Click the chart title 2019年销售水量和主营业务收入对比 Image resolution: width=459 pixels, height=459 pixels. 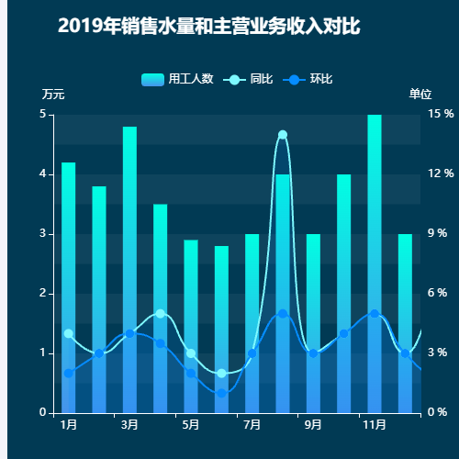click(208, 27)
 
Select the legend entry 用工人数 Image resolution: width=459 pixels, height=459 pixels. click(178, 79)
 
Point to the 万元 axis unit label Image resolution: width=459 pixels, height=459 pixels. click(53, 95)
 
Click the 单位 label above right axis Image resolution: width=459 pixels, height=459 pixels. click(420, 95)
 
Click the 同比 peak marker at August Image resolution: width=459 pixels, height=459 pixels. click(283, 135)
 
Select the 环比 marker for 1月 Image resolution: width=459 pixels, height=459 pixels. click(68, 373)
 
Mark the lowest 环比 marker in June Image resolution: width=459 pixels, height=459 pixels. click(221, 393)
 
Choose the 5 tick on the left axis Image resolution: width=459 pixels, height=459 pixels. click(42, 115)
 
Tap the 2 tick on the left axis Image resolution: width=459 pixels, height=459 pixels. click(42, 293)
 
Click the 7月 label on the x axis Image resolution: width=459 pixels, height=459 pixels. click(252, 425)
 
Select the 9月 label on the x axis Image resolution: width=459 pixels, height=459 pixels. click(313, 425)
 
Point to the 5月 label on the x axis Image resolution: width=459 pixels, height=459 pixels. click(191, 425)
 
